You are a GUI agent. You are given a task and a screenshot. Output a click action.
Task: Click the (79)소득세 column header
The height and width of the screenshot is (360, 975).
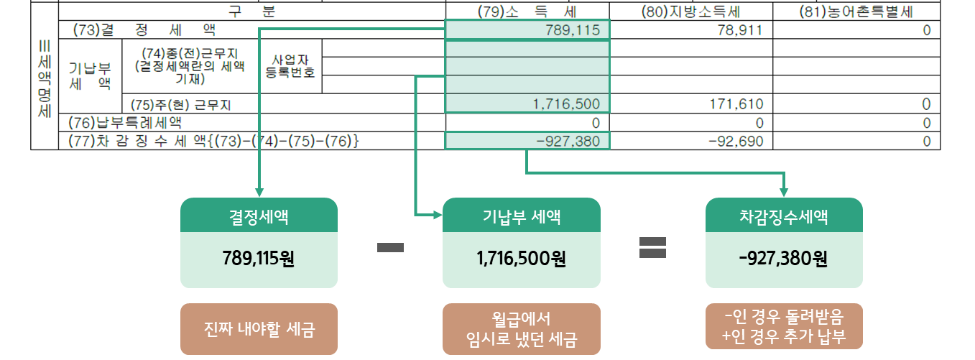[527, 11]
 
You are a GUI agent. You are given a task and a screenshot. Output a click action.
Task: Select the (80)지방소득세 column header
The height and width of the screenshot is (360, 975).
[690, 11]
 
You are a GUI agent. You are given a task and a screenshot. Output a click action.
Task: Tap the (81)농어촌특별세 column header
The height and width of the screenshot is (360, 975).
[856, 11]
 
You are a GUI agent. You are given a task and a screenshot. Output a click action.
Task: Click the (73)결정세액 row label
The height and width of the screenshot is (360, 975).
[144, 30]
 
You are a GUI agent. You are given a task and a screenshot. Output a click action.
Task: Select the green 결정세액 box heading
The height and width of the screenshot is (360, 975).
[259, 216]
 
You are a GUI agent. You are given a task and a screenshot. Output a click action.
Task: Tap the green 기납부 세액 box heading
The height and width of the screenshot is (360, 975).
[522, 216]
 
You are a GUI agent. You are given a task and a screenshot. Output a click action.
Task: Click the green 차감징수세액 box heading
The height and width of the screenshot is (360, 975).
[784, 216]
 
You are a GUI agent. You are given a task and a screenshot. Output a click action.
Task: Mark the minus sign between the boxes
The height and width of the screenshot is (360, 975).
[390, 248]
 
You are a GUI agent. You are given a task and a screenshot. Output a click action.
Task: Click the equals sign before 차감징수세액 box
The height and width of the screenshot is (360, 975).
[652, 248]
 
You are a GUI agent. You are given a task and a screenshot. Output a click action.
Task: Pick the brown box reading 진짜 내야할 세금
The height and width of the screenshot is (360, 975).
[259, 329]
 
